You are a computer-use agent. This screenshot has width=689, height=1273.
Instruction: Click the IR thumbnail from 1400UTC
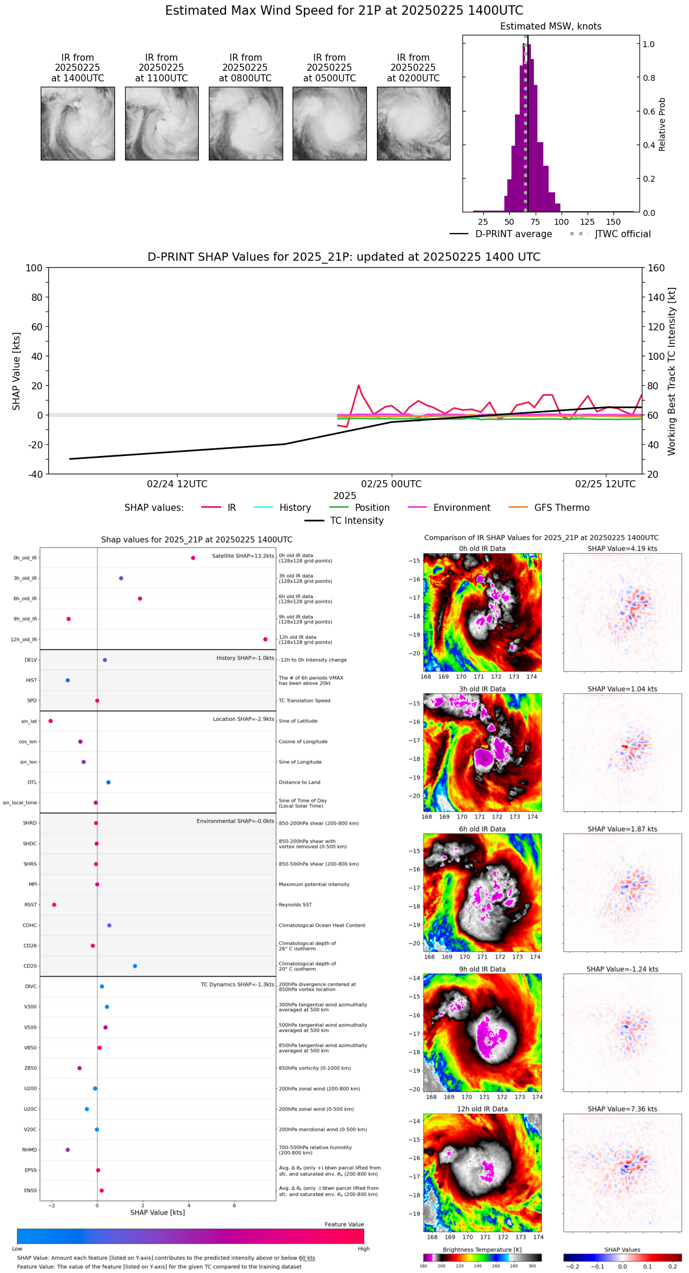coord(77,123)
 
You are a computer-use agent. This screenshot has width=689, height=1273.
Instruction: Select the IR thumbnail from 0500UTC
coord(329,123)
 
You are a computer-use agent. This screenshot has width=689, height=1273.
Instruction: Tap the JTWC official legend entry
coord(622,234)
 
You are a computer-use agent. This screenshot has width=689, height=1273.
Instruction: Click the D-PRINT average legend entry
coord(513,234)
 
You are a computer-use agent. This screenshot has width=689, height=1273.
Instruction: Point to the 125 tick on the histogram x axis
coord(587,222)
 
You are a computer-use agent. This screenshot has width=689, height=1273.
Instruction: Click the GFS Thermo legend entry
coord(562,508)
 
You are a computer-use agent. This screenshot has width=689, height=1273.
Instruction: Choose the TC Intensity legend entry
coord(356,521)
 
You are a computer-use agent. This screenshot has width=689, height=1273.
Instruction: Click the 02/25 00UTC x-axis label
coord(391,484)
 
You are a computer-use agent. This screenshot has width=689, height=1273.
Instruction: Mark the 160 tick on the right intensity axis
coord(656,268)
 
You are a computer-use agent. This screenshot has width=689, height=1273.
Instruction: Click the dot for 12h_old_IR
coord(265,639)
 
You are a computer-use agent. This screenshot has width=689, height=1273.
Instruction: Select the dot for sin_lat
coord(51,721)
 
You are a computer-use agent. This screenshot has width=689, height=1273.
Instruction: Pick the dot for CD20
coord(135,966)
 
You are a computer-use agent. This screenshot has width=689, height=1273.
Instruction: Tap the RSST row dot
coord(54,905)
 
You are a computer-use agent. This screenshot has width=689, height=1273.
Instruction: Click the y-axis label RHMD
coord(29,1150)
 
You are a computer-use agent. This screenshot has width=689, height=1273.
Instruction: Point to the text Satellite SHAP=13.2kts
coord(243,556)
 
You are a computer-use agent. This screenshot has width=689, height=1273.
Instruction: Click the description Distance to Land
coord(299,783)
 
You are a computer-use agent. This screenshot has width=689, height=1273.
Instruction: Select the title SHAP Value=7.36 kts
coord(622,1109)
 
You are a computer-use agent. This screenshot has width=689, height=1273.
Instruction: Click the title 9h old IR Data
coord(482,969)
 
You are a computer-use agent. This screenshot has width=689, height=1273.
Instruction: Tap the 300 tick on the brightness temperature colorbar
coord(532,1266)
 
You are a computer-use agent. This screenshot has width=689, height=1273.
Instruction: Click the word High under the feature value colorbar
coord(363,1249)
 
